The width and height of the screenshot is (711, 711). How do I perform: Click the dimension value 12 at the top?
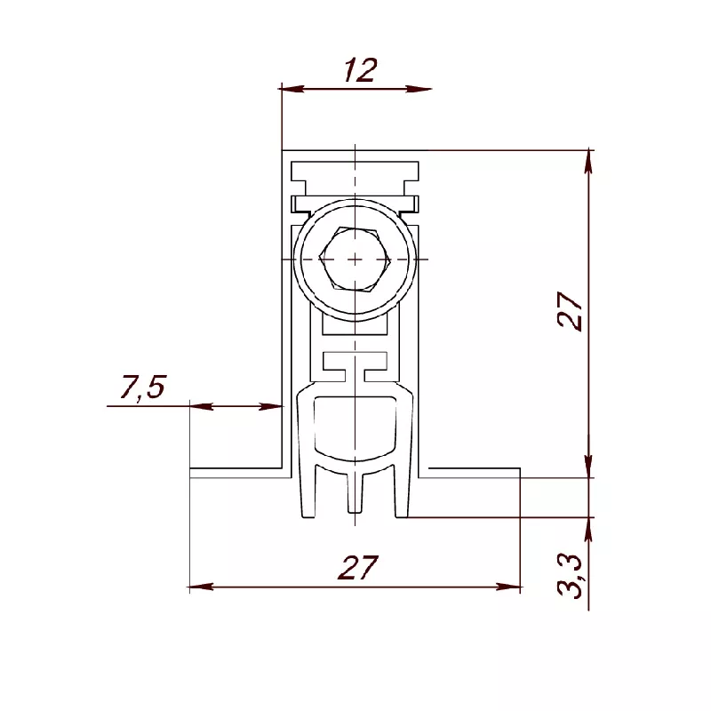[360, 70]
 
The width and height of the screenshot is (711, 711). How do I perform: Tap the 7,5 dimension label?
[143, 387]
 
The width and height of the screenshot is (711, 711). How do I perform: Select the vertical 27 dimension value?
[570, 312]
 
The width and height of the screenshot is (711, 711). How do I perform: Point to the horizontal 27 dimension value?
[358, 567]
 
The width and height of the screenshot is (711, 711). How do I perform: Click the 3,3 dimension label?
[570, 576]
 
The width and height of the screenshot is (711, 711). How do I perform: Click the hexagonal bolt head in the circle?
[355, 259]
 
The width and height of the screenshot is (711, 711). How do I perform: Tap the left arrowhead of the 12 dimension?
[292, 90]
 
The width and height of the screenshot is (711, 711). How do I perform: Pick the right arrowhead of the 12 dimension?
[418, 90]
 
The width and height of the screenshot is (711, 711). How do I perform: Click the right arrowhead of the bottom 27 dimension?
[507, 587]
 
